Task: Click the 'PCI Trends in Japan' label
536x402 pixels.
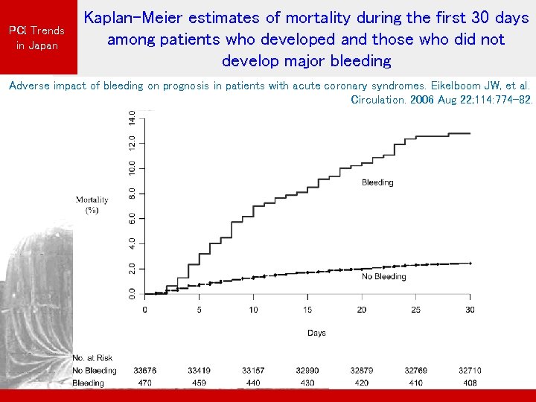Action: tap(36, 38)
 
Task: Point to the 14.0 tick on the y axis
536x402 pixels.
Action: tap(132, 118)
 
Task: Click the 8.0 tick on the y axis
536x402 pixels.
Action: tap(132, 193)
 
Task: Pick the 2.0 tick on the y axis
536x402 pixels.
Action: tap(132, 268)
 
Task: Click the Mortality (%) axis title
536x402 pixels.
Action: tap(92, 205)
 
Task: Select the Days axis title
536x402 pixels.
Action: tap(316, 333)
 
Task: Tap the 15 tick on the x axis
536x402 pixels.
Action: tap(307, 310)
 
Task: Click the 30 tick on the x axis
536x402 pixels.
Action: tap(469, 310)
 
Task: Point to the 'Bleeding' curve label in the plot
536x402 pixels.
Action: tap(377, 182)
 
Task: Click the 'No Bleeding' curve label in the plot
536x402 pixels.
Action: tap(383, 277)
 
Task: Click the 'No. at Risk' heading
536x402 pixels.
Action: tap(93, 358)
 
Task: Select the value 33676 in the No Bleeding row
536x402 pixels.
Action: tap(145, 371)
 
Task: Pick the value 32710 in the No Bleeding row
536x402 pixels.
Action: tap(469, 371)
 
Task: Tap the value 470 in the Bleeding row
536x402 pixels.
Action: tap(145, 383)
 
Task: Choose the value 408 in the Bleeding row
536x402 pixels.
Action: tap(469, 383)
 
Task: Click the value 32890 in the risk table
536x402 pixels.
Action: tap(307, 371)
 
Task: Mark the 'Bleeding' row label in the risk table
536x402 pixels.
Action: tap(89, 383)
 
